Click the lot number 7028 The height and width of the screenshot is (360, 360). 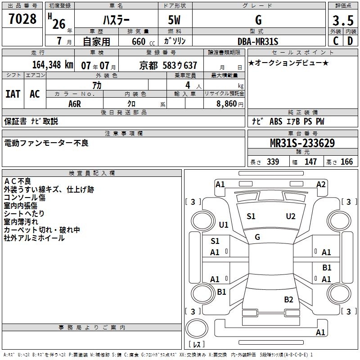click(22, 19)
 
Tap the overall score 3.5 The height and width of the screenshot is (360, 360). click(343, 21)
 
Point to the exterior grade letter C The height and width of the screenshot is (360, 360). click(336, 40)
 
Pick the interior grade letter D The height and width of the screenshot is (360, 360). click(350, 40)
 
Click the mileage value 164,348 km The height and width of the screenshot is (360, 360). click(53, 64)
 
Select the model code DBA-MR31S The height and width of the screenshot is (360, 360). click(258, 41)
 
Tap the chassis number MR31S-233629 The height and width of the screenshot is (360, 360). click(302, 143)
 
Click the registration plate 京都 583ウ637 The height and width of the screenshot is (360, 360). click(168, 65)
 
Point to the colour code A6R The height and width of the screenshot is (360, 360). click(75, 103)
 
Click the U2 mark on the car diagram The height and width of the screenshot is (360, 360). click(291, 216)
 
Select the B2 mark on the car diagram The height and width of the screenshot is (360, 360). click(288, 299)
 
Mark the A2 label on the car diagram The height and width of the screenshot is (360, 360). click(320, 184)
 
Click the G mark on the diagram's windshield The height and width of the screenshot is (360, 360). click(257, 237)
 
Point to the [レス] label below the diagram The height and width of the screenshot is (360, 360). click(197, 344)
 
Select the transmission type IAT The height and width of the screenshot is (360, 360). click(13, 94)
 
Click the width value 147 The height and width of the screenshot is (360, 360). click(310, 162)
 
